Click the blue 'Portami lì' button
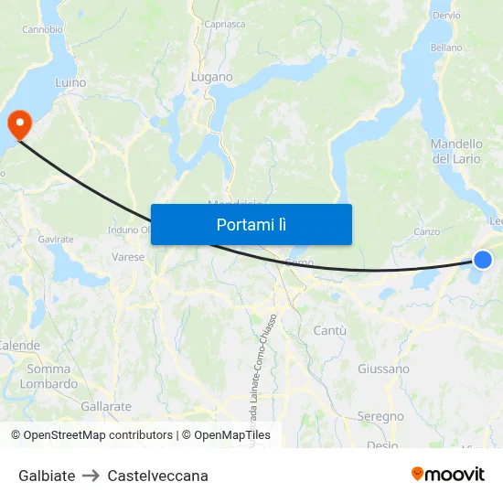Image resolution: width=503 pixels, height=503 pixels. pos(251,224)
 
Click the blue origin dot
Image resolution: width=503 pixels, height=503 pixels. pos(483,260)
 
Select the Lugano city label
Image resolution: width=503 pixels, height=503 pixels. pos(212,78)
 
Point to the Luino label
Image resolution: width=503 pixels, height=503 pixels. pos(70,83)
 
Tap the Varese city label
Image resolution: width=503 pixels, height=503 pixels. pos(128,257)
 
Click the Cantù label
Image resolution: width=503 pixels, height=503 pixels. pos(329,330)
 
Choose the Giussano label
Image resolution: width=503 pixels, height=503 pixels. pos(383,369)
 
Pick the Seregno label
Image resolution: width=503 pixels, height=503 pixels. pos(380,417)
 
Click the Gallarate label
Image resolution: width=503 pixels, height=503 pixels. pos(106,406)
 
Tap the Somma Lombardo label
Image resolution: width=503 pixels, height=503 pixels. pos(48,377)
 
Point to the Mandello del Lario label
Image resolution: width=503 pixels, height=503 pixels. pos(455,152)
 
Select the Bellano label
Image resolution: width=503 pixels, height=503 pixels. pos(446,48)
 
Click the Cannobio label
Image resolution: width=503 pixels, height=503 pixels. pos(42,29)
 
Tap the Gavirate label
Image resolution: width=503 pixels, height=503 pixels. pos(56,240)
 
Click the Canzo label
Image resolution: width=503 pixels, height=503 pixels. pos(427,231)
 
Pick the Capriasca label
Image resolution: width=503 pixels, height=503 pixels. pos(225,25)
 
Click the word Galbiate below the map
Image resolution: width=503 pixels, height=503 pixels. pos(47,476)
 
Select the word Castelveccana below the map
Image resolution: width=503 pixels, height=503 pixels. pos(157,476)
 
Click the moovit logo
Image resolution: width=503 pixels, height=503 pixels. pos(447,474)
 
